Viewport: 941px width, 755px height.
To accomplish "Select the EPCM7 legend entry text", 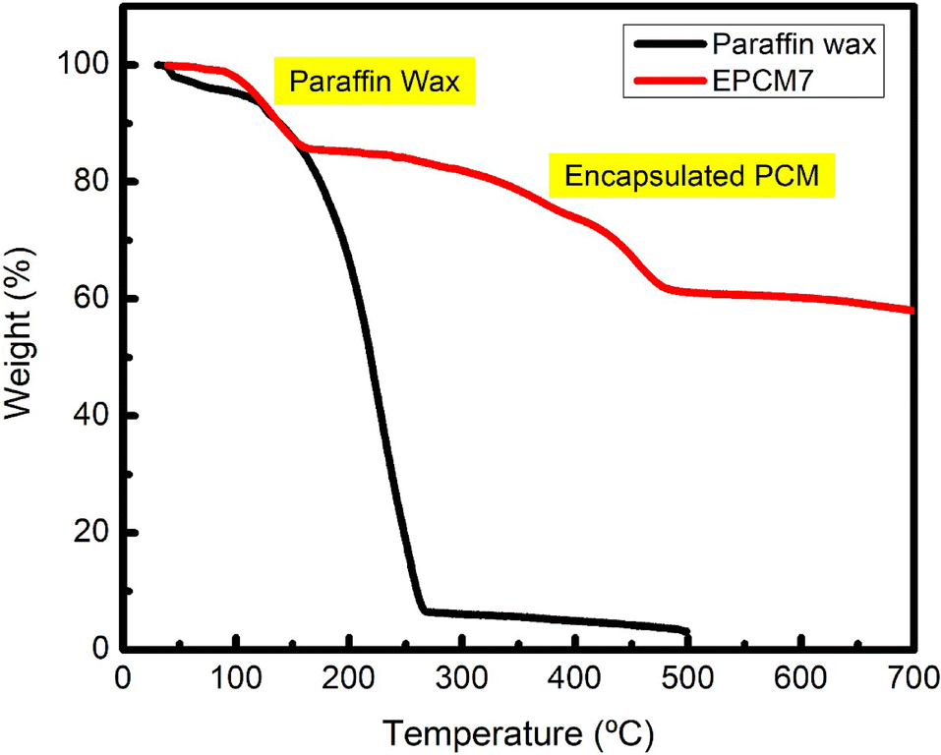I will tap(752, 74).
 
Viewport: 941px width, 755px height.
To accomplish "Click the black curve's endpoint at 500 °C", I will tap(687, 632).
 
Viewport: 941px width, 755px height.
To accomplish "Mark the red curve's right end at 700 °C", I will tap(912, 311).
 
